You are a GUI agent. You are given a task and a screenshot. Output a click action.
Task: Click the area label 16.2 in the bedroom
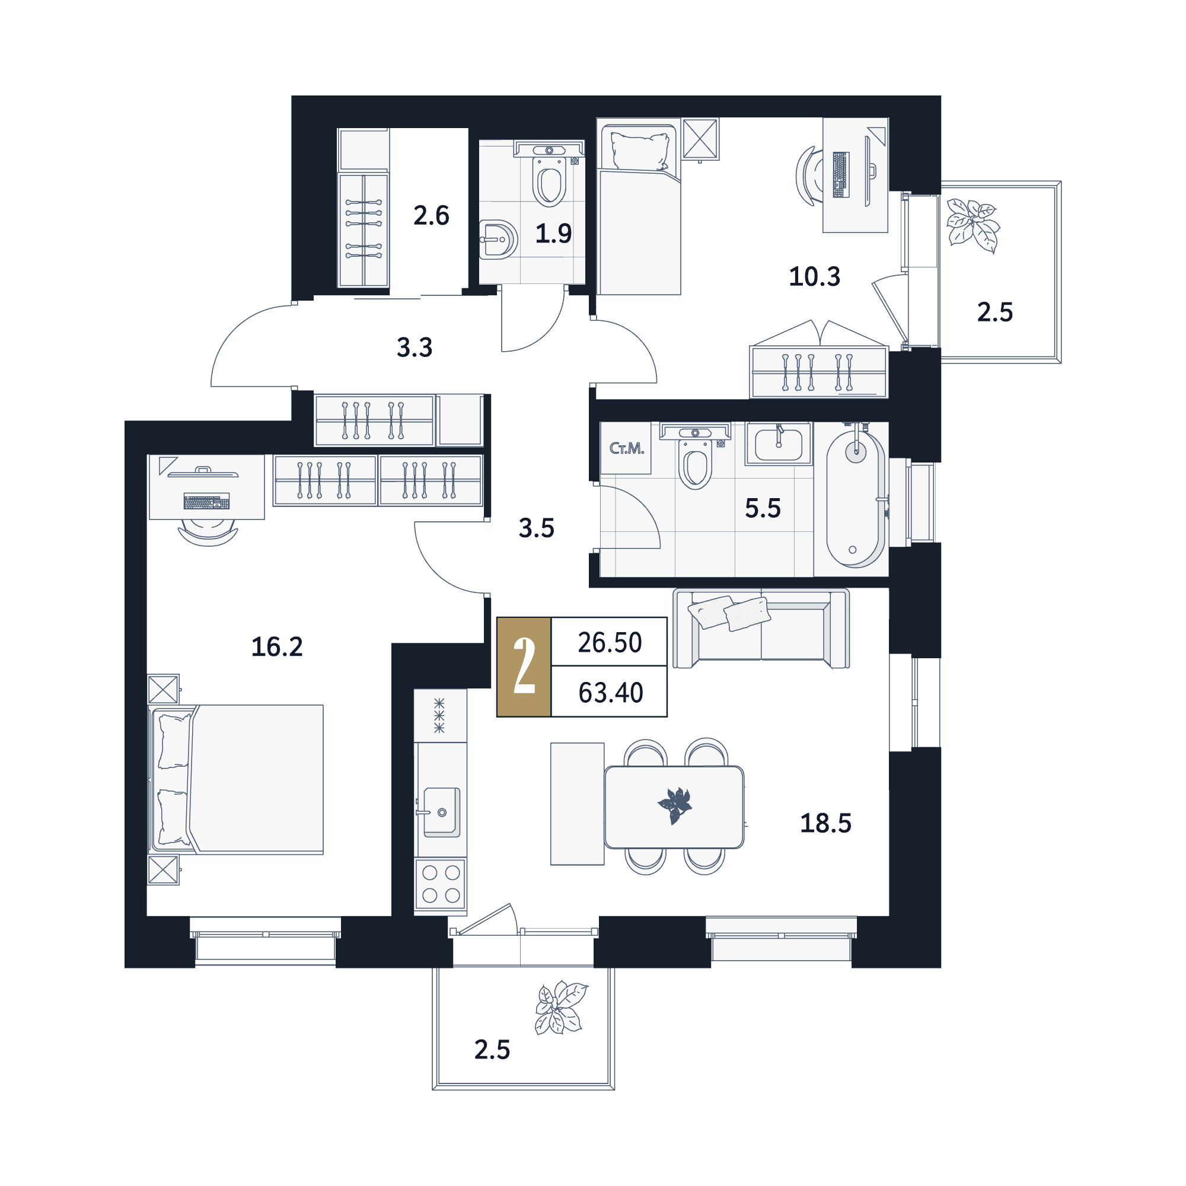[x=277, y=647]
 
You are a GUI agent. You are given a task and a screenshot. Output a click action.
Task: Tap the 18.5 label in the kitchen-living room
[x=825, y=824]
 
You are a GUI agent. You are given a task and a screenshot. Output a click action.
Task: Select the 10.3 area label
[x=814, y=277]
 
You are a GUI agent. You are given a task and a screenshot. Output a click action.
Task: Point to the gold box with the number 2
[x=524, y=667]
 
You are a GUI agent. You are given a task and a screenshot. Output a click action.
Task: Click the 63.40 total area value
[x=610, y=693]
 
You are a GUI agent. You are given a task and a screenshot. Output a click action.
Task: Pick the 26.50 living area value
[x=610, y=643]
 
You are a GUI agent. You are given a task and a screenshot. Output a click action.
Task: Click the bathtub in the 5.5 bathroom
[x=856, y=499]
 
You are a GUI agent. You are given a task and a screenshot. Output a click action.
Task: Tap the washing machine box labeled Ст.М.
[x=626, y=448]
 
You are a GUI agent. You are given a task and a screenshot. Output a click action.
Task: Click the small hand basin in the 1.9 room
[x=498, y=240]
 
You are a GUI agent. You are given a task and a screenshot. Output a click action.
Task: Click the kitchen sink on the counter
[x=441, y=812]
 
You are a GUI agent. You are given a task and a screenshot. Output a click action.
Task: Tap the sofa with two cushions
[x=761, y=628]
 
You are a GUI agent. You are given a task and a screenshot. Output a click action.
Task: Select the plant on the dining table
[x=675, y=805]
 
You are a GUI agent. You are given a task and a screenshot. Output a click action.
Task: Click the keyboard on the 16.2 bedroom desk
[x=207, y=501]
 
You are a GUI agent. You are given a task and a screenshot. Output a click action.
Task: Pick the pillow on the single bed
[x=639, y=151]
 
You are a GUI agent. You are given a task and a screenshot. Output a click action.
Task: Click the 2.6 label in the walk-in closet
[x=431, y=215]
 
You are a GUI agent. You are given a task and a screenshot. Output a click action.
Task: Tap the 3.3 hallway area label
[x=415, y=347]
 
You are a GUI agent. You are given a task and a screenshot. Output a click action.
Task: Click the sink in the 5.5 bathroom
[x=779, y=444]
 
